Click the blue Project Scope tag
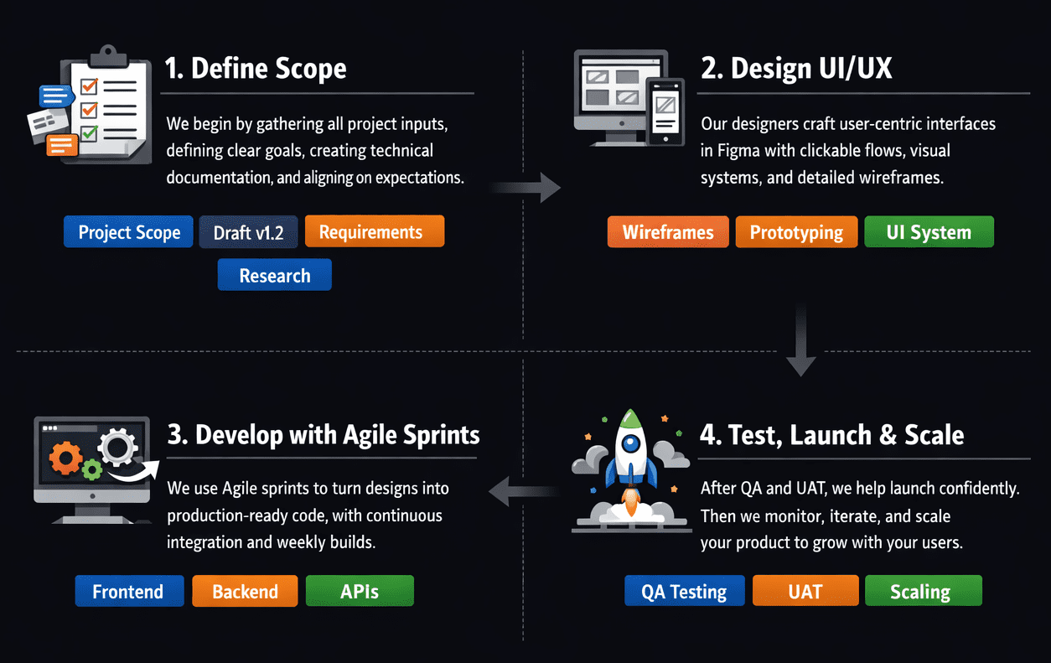coord(129,232)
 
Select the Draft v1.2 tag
coord(248,232)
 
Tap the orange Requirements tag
coord(374,231)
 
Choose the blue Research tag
coord(274,275)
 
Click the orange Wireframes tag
coord(668,232)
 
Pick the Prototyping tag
coord(796,232)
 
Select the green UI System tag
coord(928,232)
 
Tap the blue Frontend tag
coord(128,591)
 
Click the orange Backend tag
coord(245,591)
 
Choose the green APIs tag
coord(360,591)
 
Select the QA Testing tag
coord(684,591)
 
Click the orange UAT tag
coord(805,591)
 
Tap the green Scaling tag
coord(922,591)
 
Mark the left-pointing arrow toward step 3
coord(522,490)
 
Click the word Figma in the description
coord(737,151)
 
